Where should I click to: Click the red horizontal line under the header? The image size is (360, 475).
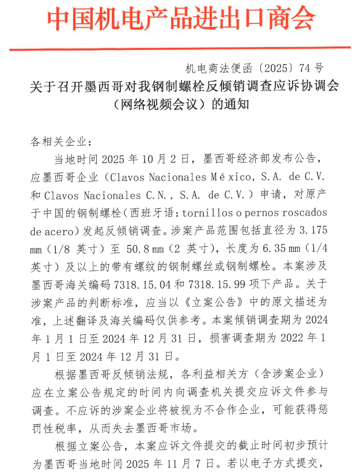pyautogui.click(x=180, y=48)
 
